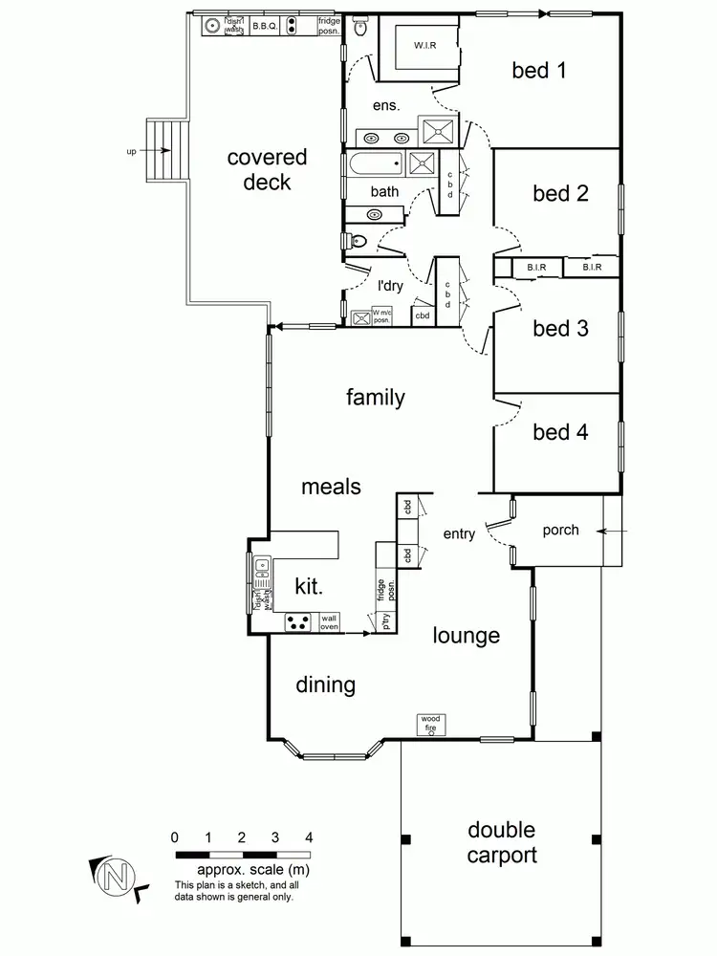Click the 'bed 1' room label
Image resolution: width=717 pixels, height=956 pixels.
click(x=544, y=70)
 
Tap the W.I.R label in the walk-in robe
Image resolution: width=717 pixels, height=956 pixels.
click(x=424, y=46)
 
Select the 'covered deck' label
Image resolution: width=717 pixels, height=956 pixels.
click(x=267, y=169)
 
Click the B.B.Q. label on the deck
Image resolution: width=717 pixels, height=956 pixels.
click(x=265, y=27)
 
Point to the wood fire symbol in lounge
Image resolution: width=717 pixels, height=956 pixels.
click(x=430, y=724)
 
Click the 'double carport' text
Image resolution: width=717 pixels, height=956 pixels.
click(x=501, y=842)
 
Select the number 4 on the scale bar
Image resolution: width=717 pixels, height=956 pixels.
click(x=308, y=837)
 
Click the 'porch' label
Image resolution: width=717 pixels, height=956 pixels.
click(x=560, y=530)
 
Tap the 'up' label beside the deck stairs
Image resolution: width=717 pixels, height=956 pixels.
click(x=131, y=151)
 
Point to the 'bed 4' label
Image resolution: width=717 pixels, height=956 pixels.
click(x=560, y=431)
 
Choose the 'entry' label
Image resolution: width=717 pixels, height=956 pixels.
click(x=459, y=534)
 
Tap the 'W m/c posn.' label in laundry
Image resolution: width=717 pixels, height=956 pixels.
click(x=382, y=316)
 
